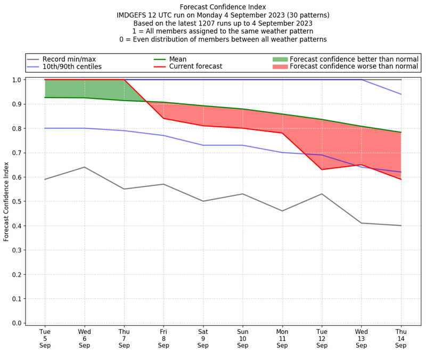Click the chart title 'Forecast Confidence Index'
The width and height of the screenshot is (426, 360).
(x=223, y=7)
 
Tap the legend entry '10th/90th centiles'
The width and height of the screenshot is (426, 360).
(x=72, y=67)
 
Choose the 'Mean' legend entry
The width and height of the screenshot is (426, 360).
(x=178, y=59)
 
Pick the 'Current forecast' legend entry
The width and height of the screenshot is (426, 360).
(x=195, y=67)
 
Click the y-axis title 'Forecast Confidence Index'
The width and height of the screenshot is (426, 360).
(x=6, y=201)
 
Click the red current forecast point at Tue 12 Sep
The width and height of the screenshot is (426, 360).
(x=322, y=169)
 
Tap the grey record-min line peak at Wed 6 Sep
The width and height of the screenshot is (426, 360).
(x=84, y=167)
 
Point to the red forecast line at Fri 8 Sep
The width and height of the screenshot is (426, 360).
(x=163, y=118)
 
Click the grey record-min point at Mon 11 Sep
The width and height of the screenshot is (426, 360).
(x=282, y=211)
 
